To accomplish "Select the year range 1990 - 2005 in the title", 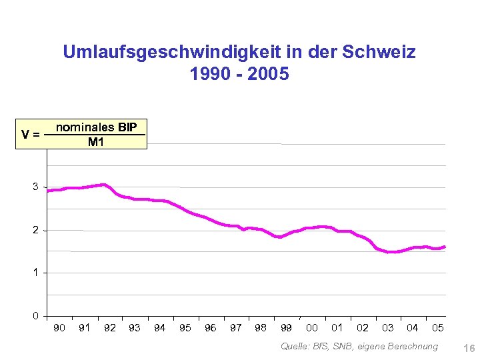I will [239, 74].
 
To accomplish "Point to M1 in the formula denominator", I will [96, 141].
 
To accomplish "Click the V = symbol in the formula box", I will [30, 134].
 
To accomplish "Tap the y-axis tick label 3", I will [35, 187].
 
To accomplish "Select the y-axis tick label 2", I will [35, 230].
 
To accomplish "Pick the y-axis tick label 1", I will [35, 273].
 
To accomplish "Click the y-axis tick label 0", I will [35, 315].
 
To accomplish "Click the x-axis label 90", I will [59, 328].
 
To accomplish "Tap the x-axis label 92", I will [110, 328].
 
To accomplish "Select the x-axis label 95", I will [185, 328].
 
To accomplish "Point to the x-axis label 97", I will [236, 328].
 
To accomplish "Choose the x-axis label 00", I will [311, 328].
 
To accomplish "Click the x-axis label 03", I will [387, 328].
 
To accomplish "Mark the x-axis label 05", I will [437, 328].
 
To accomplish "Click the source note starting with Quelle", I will [359, 346].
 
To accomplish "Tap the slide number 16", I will [468, 348].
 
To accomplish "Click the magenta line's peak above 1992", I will [103, 184].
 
